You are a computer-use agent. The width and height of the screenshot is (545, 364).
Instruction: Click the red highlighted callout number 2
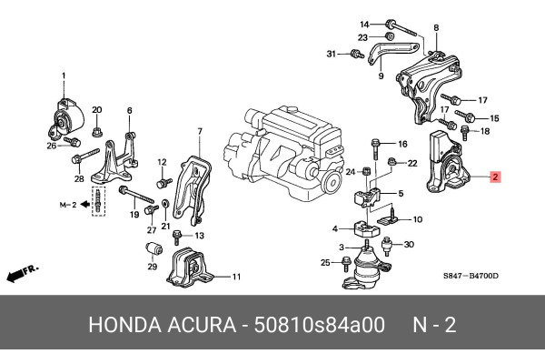(495, 177)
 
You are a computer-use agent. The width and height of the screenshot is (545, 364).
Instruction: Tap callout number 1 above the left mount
(64, 75)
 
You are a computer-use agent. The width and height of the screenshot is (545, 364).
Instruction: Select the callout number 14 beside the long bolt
(364, 23)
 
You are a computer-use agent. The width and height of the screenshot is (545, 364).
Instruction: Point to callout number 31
(332, 55)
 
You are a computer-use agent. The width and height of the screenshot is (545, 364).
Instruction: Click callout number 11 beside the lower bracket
(235, 277)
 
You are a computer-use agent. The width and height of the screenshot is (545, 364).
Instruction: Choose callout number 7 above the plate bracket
(200, 133)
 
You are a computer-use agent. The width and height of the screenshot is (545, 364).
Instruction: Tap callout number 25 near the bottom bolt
(324, 263)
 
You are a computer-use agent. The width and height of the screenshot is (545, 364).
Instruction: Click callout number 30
(410, 244)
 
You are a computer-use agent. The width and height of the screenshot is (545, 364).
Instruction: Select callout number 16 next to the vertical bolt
(402, 144)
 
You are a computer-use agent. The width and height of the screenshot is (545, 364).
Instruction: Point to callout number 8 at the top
(435, 27)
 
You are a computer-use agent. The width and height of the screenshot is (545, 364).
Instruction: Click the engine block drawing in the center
(282, 146)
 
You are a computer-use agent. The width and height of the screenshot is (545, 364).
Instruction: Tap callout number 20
(96, 107)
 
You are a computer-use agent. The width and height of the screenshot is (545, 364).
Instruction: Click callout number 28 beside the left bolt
(79, 178)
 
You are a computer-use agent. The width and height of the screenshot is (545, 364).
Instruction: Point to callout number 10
(418, 220)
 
